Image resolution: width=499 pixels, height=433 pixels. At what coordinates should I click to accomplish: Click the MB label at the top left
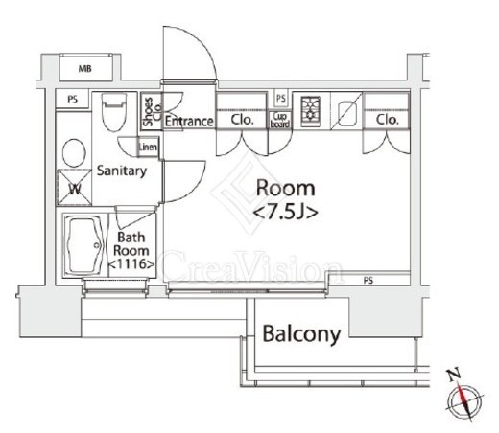tap(84, 69)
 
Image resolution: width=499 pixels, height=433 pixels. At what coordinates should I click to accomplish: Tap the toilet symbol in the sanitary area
tap(114, 112)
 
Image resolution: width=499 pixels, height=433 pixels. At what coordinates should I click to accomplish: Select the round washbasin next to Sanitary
tap(74, 152)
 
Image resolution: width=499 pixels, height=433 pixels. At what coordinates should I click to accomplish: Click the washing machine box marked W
tap(74, 187)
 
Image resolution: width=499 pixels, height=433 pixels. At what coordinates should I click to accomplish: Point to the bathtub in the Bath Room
tap(83, 245)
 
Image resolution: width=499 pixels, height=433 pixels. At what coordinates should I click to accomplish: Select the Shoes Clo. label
tap(153, 111)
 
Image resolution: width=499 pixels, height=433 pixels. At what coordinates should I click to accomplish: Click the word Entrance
tap(189, 122)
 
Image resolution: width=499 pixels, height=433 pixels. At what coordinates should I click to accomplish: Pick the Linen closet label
tap(148, 147)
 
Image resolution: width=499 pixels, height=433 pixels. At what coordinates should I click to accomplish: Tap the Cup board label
tap(280, 121)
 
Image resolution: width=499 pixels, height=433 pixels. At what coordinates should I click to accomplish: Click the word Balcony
tap(301, 334)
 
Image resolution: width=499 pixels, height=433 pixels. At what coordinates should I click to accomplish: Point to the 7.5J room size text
tap(286, 213)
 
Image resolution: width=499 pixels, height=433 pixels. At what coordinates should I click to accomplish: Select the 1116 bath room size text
tap(131, 264)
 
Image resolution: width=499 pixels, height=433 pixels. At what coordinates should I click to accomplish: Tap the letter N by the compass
tap(454, 375)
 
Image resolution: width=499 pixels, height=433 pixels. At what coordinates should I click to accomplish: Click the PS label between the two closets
tap(281, 98)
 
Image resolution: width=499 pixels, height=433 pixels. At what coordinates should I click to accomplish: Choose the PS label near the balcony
tap(368, 281)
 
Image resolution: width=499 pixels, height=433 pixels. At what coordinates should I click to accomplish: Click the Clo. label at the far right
tap(387, 120)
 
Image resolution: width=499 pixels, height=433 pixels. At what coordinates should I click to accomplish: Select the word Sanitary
tap(122, 171)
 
